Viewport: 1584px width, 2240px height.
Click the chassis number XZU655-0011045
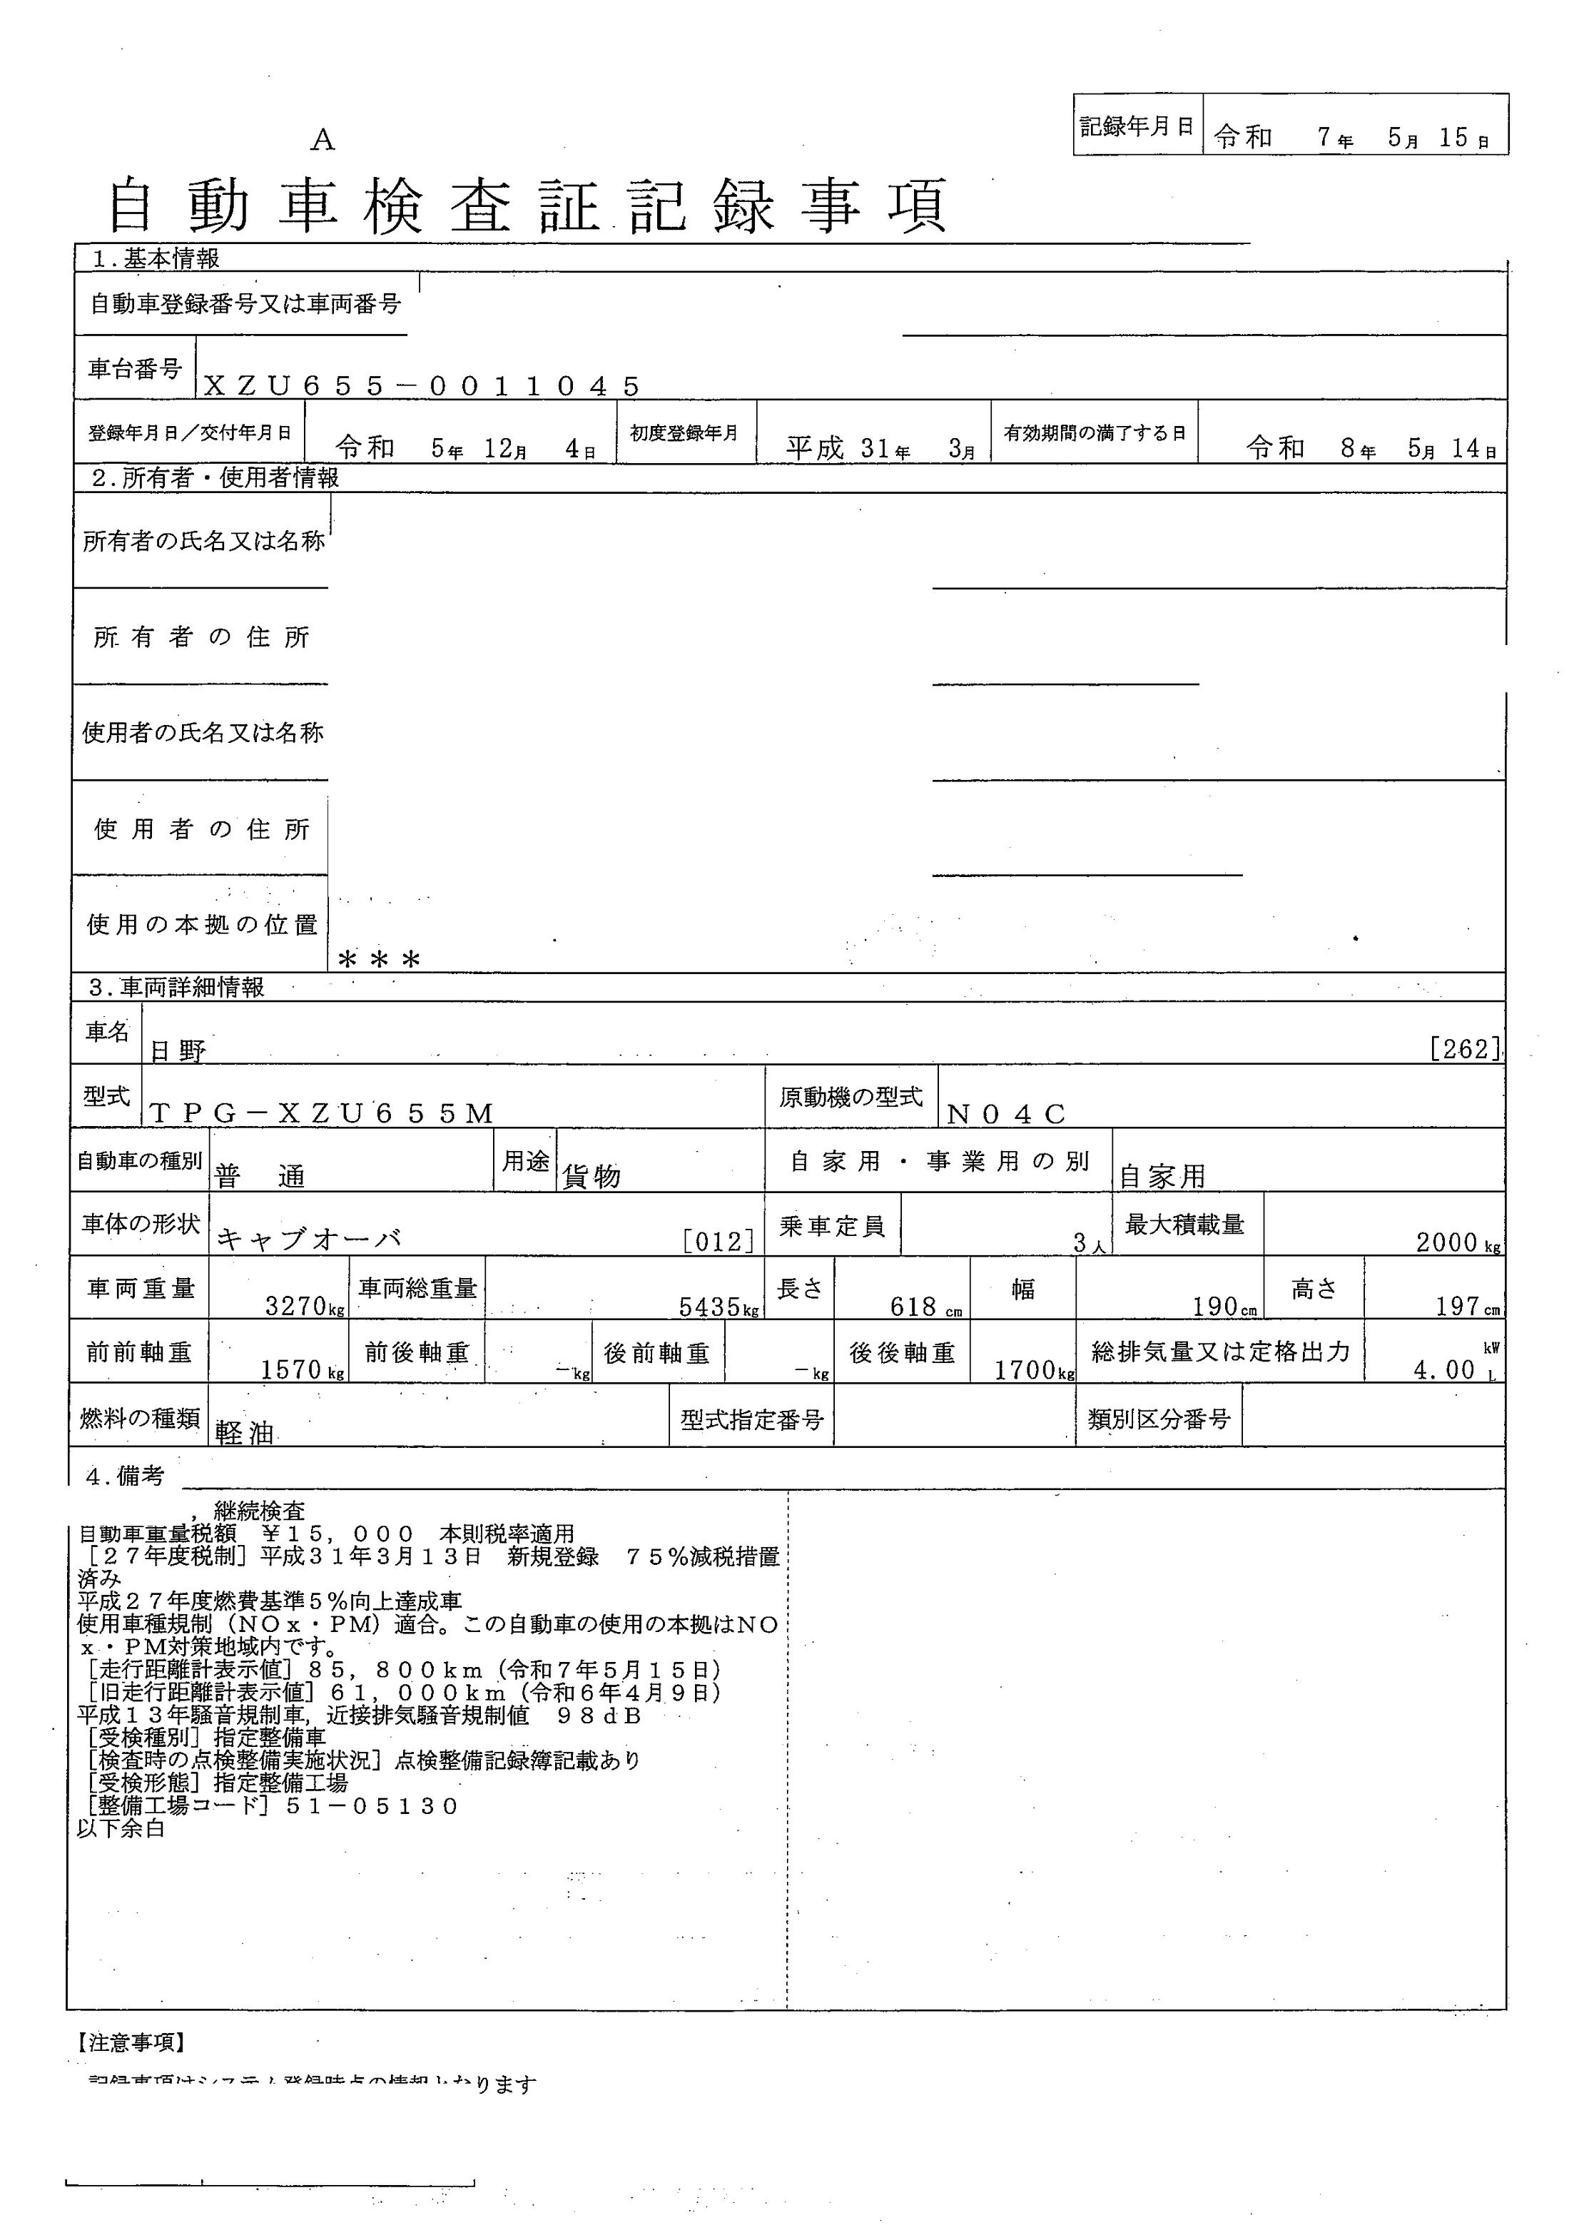(422, 386)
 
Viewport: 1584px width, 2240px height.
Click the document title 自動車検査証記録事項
(527, 206)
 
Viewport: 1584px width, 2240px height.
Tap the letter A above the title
(323, 141)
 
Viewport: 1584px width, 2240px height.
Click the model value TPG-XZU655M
(323, 1113)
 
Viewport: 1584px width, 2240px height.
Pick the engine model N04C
(1007, 1113)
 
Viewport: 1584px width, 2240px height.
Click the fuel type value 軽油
(244, 1433)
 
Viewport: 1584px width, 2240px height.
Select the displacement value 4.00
(1445, 1369)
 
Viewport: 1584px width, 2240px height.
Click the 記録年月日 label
(1137, 126)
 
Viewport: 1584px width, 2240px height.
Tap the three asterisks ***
(380, 960)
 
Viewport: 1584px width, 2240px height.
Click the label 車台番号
(135, 369)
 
